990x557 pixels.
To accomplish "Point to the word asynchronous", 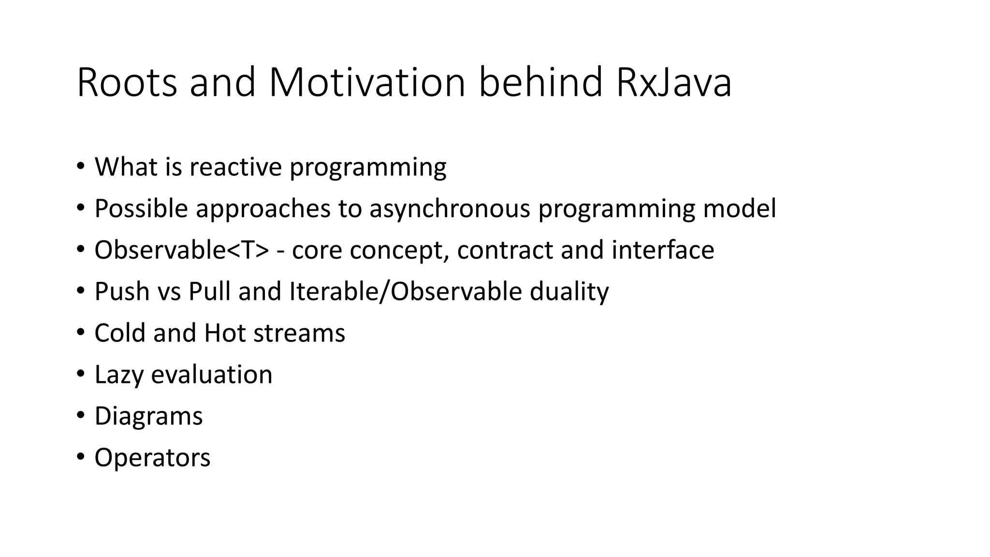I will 450,209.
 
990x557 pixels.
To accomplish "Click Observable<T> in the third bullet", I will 181,250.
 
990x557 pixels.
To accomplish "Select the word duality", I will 569,292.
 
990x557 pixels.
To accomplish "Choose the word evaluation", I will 212,375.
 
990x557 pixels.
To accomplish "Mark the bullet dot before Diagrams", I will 80,415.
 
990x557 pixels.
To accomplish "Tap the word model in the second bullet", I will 740,209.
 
